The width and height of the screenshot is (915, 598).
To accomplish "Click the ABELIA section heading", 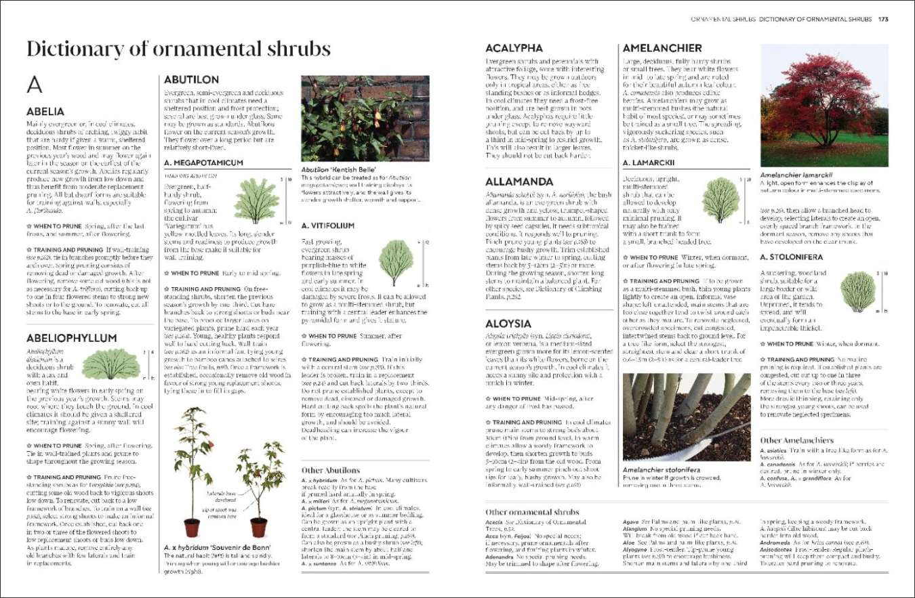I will (45, 111).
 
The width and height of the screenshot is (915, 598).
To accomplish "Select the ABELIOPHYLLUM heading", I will (71, 337).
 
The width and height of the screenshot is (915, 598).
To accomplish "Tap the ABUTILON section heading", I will (191, 79).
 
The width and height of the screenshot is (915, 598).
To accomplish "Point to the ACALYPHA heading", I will (514, 48).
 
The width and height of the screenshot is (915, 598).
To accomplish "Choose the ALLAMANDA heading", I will (519, 181).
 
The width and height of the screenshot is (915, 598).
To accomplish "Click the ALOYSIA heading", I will (508, 324).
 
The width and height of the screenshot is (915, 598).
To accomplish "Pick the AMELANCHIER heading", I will (662, 48).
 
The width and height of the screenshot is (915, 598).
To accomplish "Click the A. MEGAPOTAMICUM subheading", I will (203, 163).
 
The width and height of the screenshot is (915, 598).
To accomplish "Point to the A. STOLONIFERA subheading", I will (792, 257).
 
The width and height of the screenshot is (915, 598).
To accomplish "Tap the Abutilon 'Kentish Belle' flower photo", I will (365, 119).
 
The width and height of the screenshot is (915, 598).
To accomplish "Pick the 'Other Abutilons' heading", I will (331, 470).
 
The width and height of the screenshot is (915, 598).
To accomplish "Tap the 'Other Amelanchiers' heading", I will (796, 440).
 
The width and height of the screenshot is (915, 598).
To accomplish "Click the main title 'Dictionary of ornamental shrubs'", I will (178, 49).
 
